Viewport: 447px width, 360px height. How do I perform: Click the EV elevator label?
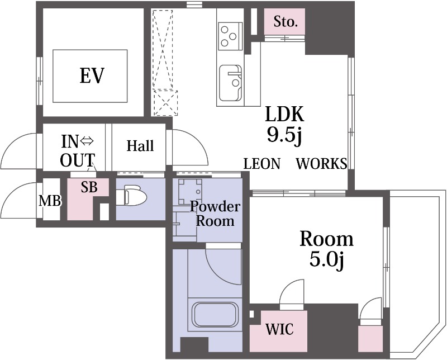[92, 75]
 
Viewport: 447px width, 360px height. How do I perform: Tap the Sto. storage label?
[286, 22]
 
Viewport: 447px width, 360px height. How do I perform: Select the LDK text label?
[285, 114]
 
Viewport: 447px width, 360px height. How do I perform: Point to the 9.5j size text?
[284, 135]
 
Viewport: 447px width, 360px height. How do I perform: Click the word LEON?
[262, 164]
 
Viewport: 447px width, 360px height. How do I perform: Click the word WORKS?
[322, 164]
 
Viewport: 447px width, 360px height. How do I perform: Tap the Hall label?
[140, 146]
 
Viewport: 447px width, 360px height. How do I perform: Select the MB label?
[50, 201]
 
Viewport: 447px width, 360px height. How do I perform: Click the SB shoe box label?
[89, 187]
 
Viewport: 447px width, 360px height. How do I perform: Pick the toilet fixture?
[131, 195]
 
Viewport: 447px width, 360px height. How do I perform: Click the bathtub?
[215, 315]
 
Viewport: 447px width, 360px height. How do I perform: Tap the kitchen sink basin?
[231, 83]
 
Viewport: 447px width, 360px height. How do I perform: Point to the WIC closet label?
[279, 329]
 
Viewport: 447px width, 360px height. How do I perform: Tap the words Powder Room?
[215, 214]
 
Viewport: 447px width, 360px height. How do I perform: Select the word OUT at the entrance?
[78, 160]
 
